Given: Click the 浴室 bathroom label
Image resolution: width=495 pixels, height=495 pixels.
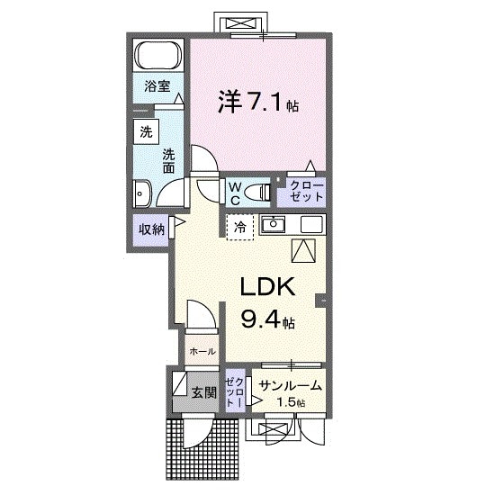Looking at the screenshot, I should pyautogui.click(x=157, y=86).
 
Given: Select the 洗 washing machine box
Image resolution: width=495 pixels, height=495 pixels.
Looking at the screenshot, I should pyautogui.click(x=146, y=131).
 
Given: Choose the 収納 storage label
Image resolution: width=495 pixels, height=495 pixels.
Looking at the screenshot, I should pyautogui.click(x=151, y=229).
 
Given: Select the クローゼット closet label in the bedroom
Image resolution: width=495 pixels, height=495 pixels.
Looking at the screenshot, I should pyautogui.click(x=306, y=192).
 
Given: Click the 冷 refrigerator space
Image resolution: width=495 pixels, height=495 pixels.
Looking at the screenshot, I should pyautogui.click(x=240, y=228).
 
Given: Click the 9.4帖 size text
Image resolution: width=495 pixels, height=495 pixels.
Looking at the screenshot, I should pyautogui.click(x=266, y=318).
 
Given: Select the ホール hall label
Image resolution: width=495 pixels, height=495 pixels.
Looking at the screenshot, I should pyautogui.click(x=202, y=352).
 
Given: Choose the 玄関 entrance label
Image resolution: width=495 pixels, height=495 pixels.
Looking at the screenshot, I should pyautogui.click(x=203, y=392).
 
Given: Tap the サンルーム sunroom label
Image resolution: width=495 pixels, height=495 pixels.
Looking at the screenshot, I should pyautogui.click(x=290, y=386).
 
